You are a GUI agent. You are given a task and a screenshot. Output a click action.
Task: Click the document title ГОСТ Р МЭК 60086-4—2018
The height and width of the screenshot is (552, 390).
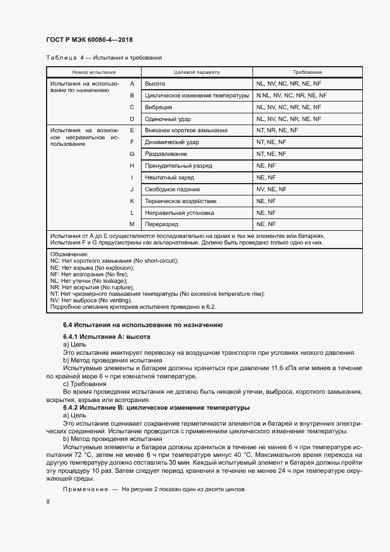[89, 40]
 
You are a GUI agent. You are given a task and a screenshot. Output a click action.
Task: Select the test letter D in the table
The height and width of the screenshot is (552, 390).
[132, 119]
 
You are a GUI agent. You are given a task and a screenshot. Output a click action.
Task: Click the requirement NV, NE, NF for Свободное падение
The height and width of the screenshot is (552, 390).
[271, 189]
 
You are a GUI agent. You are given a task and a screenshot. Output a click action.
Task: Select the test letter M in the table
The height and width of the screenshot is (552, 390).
[132, 224]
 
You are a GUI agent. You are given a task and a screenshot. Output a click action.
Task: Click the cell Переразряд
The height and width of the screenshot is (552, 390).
[162, 224]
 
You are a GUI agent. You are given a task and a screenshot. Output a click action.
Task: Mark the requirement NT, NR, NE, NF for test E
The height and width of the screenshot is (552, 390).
[277, 130]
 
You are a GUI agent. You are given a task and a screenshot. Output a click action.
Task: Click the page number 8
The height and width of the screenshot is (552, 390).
[48, 502]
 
